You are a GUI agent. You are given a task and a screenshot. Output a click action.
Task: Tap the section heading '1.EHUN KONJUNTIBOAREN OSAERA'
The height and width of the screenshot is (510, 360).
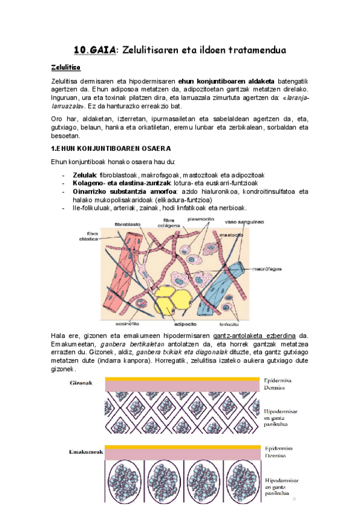coord(111,148)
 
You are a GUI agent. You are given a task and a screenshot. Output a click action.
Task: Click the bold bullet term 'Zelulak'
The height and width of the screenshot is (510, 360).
coord(85,174)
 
